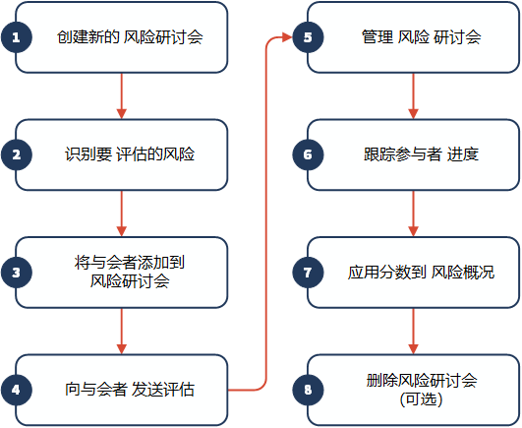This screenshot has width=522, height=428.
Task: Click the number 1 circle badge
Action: [17, 37]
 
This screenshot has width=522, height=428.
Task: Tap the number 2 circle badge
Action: [17, 154]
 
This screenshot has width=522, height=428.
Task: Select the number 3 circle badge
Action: [17, 273]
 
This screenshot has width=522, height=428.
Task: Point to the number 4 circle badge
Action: [17, 390]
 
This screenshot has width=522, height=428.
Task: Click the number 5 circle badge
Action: [308, 37]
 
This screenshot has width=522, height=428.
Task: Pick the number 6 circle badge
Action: [308, 154]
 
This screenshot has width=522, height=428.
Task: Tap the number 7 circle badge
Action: [308, 273]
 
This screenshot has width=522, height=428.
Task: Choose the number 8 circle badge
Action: [308, 390]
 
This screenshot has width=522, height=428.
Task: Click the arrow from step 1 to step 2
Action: [122, 95]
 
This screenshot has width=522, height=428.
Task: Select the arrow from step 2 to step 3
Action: [122, 214]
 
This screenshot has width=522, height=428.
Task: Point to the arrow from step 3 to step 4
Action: [122, 331]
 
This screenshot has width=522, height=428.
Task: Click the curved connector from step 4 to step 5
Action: [266, 214]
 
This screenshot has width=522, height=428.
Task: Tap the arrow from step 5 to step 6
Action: [413, 95]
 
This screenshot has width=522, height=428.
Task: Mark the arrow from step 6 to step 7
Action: [413, 214]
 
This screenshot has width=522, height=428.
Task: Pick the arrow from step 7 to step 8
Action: [413, 331]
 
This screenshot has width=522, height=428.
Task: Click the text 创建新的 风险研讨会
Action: [130, 37]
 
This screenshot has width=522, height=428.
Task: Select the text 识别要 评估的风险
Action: [130, 154]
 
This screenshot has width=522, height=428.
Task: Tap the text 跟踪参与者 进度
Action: [421, 154]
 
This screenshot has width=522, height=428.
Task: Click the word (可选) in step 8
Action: [421, 399]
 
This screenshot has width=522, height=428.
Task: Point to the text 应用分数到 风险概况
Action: [421, 273]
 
